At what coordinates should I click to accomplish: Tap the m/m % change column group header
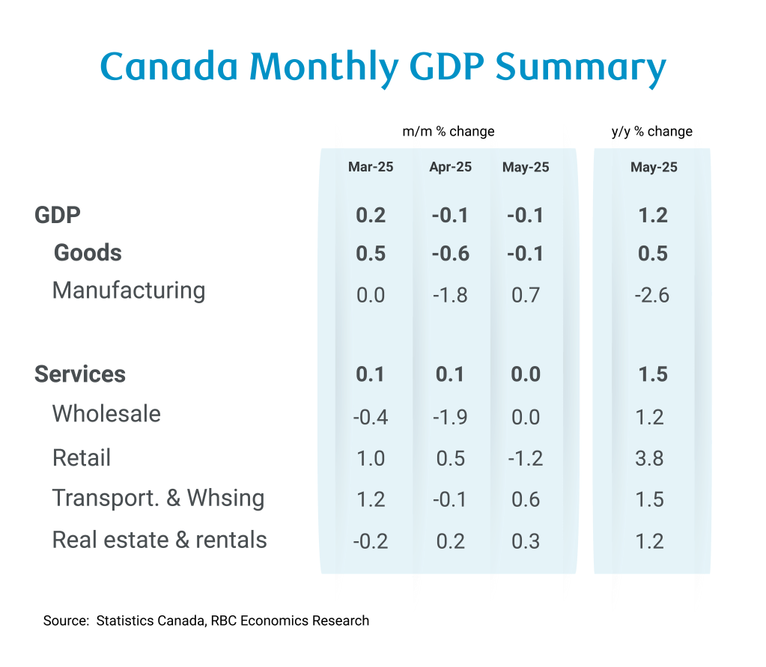click(x=449, y=132)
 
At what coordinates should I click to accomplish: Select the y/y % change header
click(x=652, y=132)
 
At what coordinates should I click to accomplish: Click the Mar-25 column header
click(x=371, y=167)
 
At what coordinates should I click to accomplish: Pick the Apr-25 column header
click(x=450, y=167)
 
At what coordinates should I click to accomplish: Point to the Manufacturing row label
click(x=129, y=290)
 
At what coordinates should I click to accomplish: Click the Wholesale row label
click(x=106, y=413)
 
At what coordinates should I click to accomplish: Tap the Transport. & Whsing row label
click(x=158, y=498)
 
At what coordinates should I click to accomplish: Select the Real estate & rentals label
click(x=159, y=540)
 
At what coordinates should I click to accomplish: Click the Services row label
click(x=80, y=374)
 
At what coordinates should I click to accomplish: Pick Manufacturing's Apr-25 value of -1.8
click(x=450, y=294)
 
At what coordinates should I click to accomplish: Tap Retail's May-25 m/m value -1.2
click(x=524, y=457)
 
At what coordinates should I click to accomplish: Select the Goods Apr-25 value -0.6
click(x=450, y=254)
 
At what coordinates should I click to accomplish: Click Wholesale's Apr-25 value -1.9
click(x=450, y=416)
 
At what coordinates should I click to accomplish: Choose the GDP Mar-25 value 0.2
click(x=371, y=216)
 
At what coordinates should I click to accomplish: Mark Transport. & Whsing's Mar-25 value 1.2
click(x=371, y=499)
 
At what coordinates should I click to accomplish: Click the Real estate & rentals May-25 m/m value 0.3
click(x=526, y=540)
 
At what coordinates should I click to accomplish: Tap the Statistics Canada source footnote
click(x=206, y=621)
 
